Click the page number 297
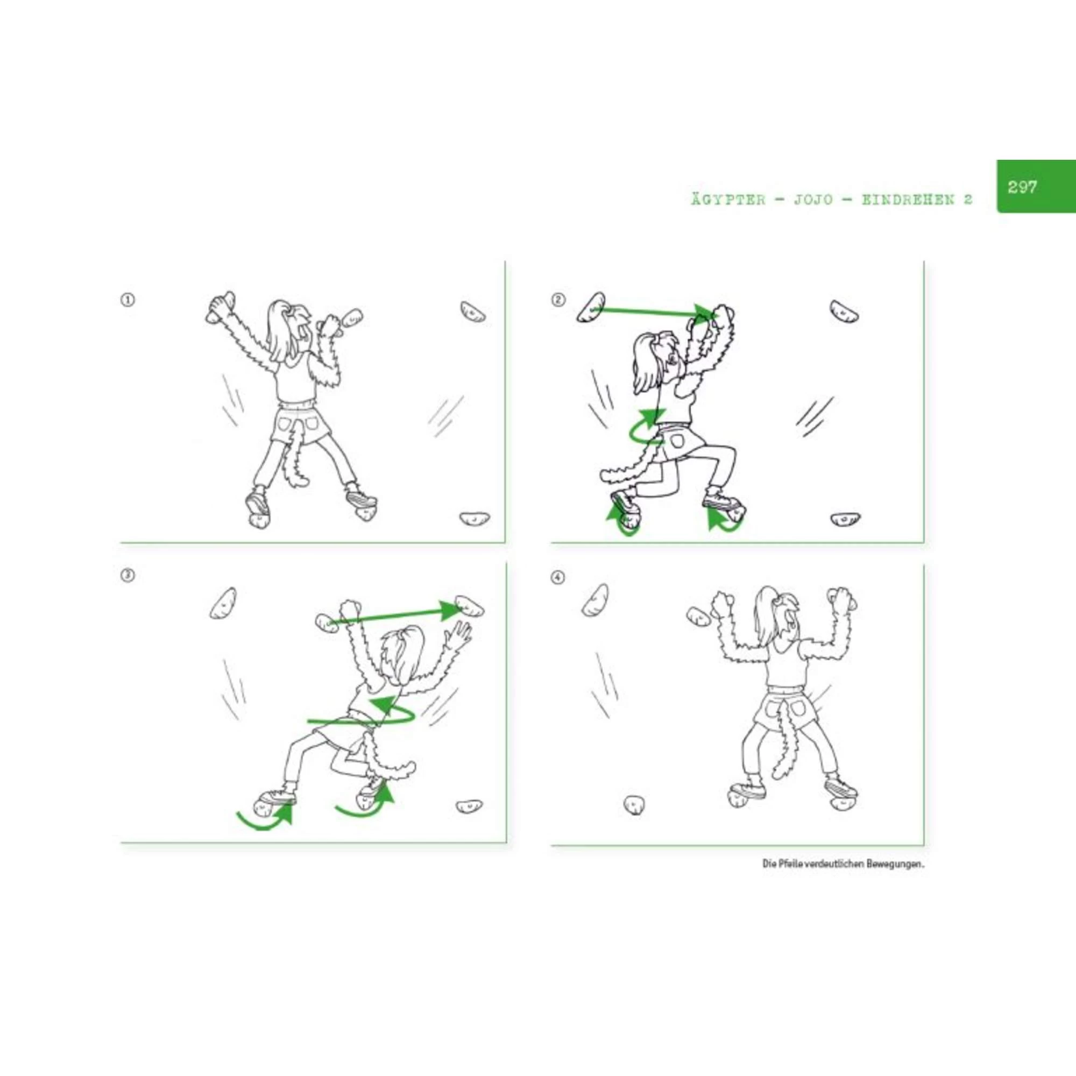pyautogui.click(x=1022, y=187)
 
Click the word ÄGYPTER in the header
pyautogui.click(x=728, y=200)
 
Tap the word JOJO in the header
pyautogui.click(x=813, y=200)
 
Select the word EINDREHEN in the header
pyautogui.click(x=909, y=200)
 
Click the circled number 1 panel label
pyautogui.click(x=128, y=300)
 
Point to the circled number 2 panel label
pyautogui.click(x=558, y=300)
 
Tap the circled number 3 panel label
pyautogui.click(x=128, y=575)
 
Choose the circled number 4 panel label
pyautogui.click(x=558, y=577)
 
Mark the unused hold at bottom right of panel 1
pyautogui.click(x=475, y=519)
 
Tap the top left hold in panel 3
pyautogui.click(x=223, y=603)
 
